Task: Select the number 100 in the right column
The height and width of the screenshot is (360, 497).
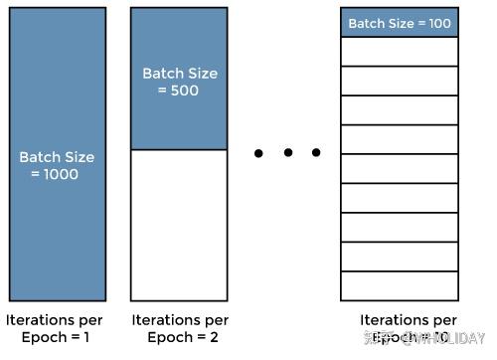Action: [x=438, y=23]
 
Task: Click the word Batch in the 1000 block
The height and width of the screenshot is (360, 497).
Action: [x=38, y=157]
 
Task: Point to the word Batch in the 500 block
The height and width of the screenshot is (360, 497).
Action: [x=161, y=74]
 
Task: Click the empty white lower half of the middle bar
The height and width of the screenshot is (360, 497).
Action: [x=179, y=224]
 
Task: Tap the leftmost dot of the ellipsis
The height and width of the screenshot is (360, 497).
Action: [x=258, y=153]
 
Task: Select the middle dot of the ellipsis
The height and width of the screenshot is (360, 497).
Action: [x=287, y=153]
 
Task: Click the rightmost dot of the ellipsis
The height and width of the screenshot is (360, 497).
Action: [x=316, y=153]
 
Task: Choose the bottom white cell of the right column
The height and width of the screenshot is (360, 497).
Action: [x=400, y=285]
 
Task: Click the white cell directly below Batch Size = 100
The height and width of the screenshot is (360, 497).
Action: [x=400, y=51]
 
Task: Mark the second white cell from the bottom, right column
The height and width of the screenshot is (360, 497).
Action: [x=400, y=257]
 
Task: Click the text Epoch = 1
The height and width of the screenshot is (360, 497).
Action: [x=55, y=337]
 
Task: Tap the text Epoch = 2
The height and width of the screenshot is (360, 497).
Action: [x=180, y=337]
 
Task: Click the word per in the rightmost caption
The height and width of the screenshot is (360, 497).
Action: [x=444, y=320]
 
